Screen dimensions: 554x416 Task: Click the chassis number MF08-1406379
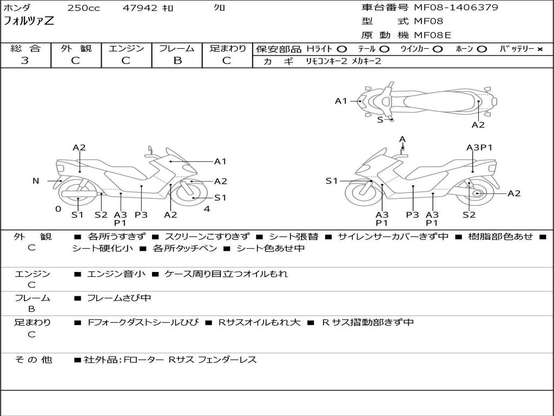[x=456, y=8]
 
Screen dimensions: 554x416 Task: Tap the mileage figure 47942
[x=140, y=8]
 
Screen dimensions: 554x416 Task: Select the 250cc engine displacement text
[x=84, y=8]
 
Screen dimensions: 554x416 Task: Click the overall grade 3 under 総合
[x=25, y=60]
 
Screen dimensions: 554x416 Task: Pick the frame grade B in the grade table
[x=177, y=60]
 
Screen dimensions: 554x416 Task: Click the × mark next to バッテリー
[x=539, y=49]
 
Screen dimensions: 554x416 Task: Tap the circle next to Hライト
[x=341, y=49]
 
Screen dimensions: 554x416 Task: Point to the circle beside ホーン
[x=482, y=49]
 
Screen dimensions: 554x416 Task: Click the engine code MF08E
[x=432, y=35]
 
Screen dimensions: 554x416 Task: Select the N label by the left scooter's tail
[x=36, y=181]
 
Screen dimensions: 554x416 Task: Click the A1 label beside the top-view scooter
[x=341, y=101]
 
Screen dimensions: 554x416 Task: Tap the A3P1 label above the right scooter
[x=479, y=147]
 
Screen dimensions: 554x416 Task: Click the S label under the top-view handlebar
[x=380, y=120]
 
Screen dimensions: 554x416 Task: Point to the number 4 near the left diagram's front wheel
[x=207, y=209]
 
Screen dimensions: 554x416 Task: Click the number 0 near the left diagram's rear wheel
[x=58, y=209]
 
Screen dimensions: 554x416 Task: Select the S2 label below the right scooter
[x=469, y=214]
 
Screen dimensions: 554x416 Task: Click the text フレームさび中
[x=119, y=298]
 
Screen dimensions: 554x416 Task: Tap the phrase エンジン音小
[x=116, y=274]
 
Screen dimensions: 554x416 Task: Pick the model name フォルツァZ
[x=29, y=21]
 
